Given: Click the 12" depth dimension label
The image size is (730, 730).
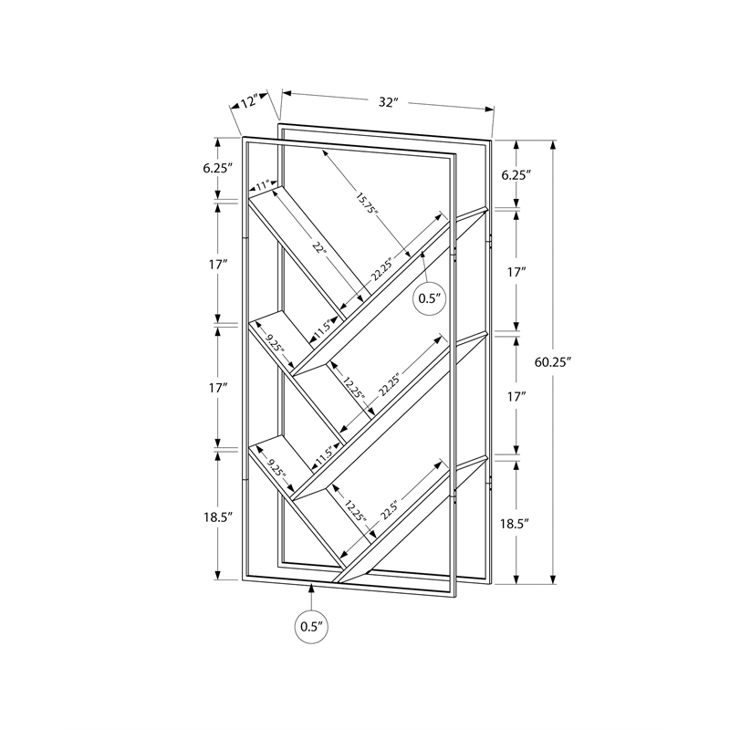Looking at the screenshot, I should click(244, 101).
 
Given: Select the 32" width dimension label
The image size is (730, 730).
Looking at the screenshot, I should click(390, 103).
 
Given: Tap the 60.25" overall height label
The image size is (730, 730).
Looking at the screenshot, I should click(552, 362).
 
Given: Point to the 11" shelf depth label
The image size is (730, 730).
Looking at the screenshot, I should click(264, 186).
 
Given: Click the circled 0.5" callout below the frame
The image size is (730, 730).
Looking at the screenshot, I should click(311, 627).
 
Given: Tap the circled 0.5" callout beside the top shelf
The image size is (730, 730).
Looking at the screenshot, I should click(429, 297).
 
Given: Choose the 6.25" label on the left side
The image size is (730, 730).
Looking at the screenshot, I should click(219, 168).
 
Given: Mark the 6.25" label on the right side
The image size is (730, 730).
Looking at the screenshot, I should click(516, 174).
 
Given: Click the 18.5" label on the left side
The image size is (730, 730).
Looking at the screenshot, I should click(219, 516).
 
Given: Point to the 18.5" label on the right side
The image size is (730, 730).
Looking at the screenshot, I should click(516, 523).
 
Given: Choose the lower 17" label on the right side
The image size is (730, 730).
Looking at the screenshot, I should click(516, 397).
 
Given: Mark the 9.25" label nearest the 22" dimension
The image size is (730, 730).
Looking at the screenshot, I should click(276, 348).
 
